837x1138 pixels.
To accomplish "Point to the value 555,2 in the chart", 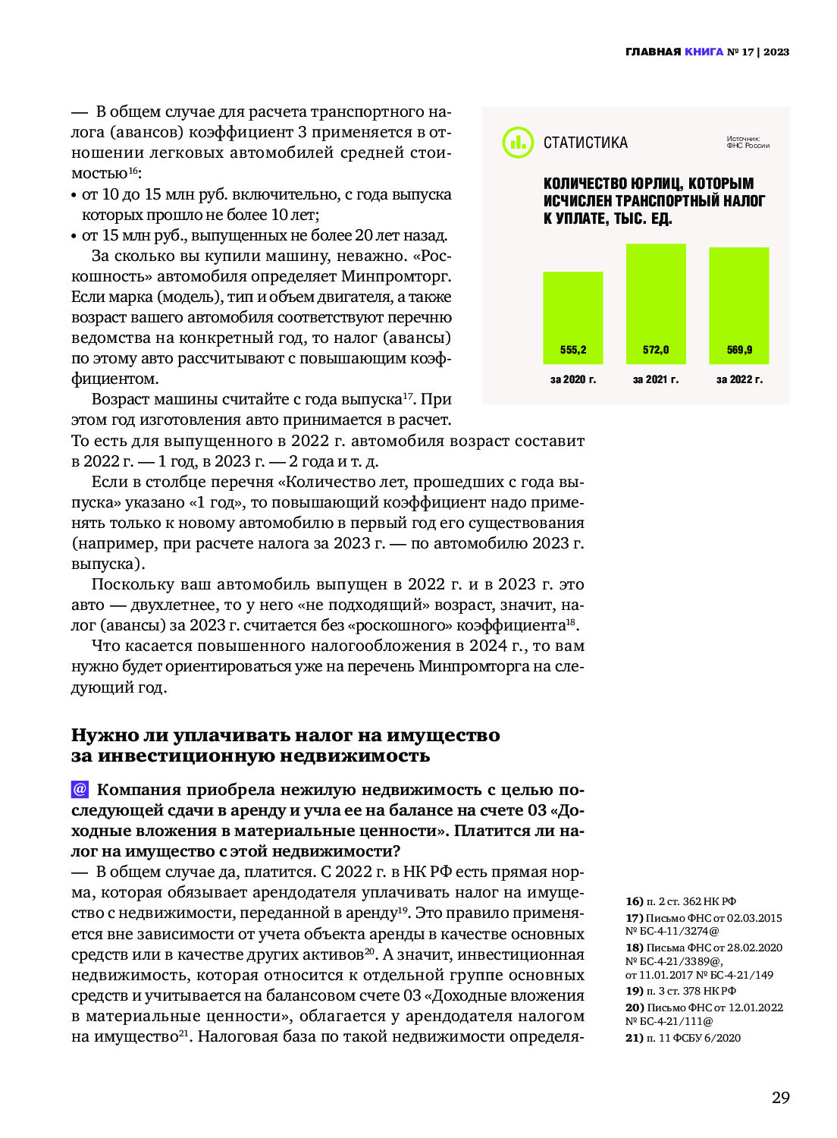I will tap(573, 350).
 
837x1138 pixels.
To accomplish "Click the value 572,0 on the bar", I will tap(656, 350).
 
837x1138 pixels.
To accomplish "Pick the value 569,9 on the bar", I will tap(739, 350).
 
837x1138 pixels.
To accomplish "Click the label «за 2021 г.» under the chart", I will tap(656, 379).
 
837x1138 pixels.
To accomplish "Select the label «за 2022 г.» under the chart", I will tap(739, 379).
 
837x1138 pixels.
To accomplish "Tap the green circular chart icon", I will tap(518, 142).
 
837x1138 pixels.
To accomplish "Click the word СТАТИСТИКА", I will tap(585, 143).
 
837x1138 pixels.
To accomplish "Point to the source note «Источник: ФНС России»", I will tap(748, 142).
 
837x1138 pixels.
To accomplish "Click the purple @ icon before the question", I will tap(80, 789).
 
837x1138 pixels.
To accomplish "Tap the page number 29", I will tap(780, 1097).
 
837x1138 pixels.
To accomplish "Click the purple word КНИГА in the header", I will tap(704, 52).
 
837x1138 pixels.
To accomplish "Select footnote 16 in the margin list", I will tap(680, 901).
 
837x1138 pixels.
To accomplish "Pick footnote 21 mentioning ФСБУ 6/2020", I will tap(682, 1038).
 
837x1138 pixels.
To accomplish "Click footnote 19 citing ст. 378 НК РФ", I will tap(680, 991).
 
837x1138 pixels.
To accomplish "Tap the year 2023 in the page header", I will tap(776, 52).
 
